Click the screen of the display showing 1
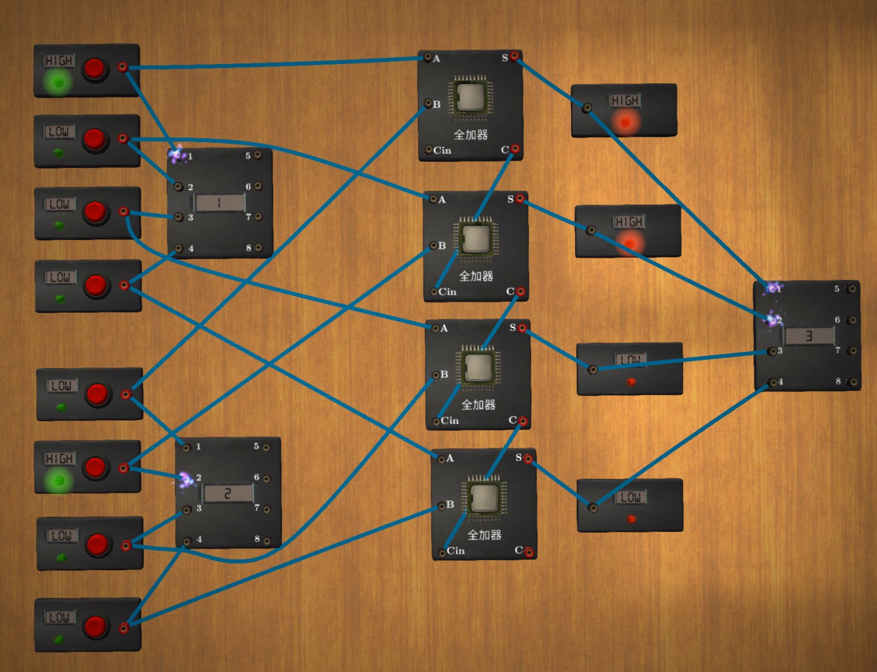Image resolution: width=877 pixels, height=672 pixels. [220, 202]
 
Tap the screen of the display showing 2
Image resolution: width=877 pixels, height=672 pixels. [228, 493]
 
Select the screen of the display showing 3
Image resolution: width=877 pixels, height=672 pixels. [809, 336]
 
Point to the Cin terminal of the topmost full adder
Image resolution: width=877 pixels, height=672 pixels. [429, 150]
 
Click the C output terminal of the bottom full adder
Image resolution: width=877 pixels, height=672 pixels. [529, 551]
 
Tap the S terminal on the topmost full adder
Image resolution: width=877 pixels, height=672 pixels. [515, 56]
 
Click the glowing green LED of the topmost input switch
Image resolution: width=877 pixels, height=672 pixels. [58, 82]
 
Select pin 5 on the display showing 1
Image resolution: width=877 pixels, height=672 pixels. [258, 155]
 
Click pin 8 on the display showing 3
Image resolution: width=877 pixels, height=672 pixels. [852, 382]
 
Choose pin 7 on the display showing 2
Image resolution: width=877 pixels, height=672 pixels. [266, 509]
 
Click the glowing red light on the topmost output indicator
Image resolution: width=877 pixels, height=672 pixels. [625, 122]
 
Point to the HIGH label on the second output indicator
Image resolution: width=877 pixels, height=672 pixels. [629, 222]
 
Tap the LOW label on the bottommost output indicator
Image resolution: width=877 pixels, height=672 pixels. [630, 497]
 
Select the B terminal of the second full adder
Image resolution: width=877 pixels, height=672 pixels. [434, 246]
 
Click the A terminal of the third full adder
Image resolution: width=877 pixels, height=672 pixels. [436, 328]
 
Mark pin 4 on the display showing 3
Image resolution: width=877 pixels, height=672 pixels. [773, 382]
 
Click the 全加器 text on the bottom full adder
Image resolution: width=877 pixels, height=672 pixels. [484, 535]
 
